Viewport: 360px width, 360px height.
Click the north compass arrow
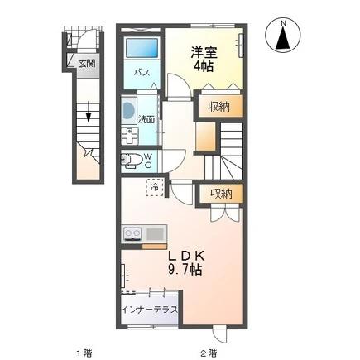point(283,39)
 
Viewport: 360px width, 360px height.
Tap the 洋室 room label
point(204,53)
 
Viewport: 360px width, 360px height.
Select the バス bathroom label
point(142,73)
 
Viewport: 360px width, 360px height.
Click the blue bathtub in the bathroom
point(142,48)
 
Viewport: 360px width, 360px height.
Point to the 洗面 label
point(146,119)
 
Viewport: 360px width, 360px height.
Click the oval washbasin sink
point(127,110)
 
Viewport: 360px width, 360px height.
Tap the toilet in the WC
point(131,161)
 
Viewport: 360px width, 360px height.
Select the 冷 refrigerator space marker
point(155,187)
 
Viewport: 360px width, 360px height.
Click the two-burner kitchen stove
point(132,233)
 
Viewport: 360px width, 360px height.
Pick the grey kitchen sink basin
point(155,234)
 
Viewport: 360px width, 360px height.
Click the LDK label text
point(186,257)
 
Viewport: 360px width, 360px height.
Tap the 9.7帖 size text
point(185,270)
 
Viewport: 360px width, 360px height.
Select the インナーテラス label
point(150,310)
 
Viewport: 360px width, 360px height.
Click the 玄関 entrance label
point(87,64)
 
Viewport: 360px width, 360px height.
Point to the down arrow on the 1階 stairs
point(89,112)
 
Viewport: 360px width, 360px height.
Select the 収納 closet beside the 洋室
point(221,106)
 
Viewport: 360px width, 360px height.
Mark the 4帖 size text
point(204,66)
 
